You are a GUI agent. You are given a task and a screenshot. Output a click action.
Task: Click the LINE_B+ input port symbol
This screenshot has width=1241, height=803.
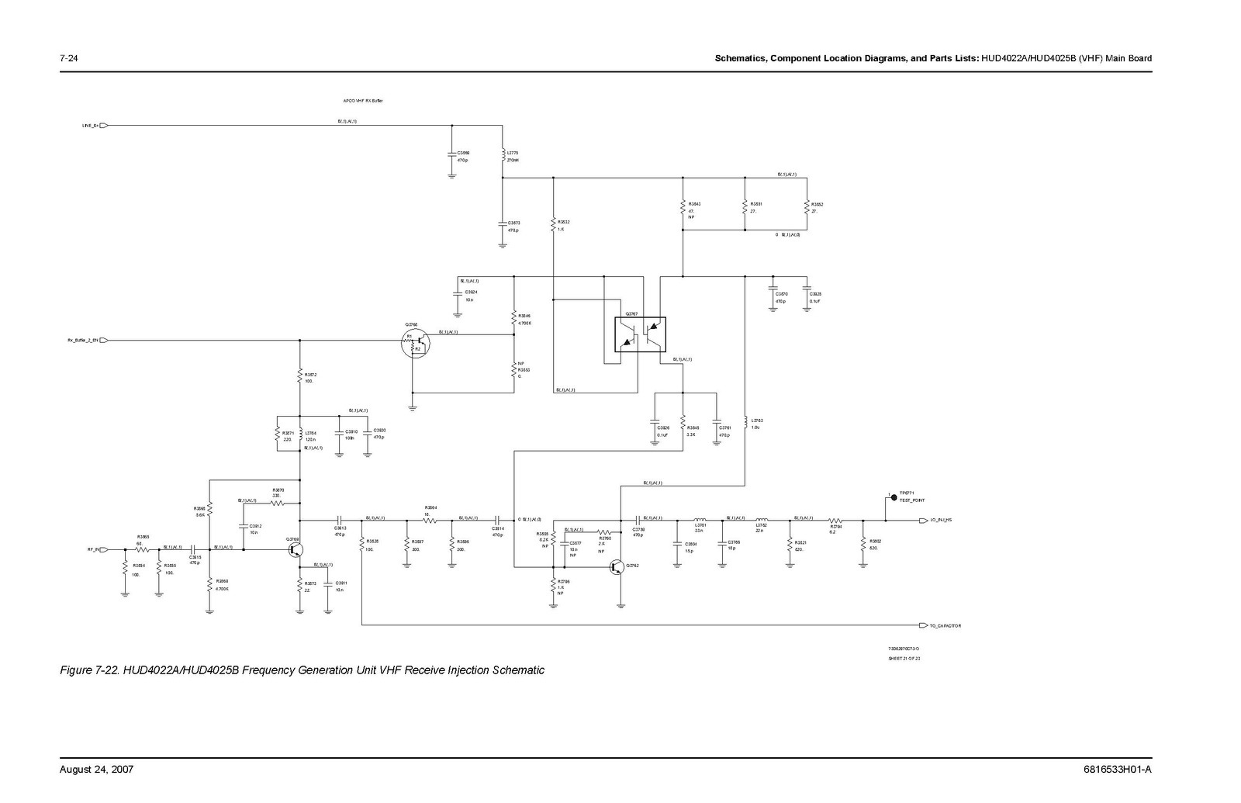pyautogui.click(x=104, y=125)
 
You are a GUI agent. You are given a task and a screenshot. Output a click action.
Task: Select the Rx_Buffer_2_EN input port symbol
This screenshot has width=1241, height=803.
pyautogui.click(x=104, y=341)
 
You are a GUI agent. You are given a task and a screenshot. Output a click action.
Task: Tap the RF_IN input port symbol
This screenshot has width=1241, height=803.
pyautogui.click(x=104, y=549)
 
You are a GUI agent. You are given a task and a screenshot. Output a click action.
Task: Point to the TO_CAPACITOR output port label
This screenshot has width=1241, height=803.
pyautogui.click(x=945, y=625)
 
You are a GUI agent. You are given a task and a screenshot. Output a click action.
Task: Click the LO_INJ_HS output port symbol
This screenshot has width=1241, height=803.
pyautogui.click(x=923, y=521)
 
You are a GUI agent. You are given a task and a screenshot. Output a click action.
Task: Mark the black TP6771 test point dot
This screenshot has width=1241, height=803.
pyautogui.click(x=894, y=497)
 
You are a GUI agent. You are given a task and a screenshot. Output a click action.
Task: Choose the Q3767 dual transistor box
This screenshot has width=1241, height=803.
pyautogui.click(x=640, y=334)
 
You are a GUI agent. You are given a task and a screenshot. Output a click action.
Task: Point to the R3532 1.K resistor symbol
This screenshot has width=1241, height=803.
pyautogui.click(x=553, y=225)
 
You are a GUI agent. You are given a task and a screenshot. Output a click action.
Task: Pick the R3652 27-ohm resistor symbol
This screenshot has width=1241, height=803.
pyautogui.click(x=807, y=208)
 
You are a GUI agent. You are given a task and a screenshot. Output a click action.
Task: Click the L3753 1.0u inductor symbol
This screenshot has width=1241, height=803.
pyautogui.click(x=745, y=424)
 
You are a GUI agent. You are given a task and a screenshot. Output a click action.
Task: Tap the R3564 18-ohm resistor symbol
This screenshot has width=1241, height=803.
pyautogui.click(x=428, y=521)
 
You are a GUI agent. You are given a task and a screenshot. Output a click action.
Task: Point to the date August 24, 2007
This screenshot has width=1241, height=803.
pyautogui.click(x=97, y=770)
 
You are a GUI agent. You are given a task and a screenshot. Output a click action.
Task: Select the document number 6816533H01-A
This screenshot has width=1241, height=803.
pyautogui.click(x=1118, y=770)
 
